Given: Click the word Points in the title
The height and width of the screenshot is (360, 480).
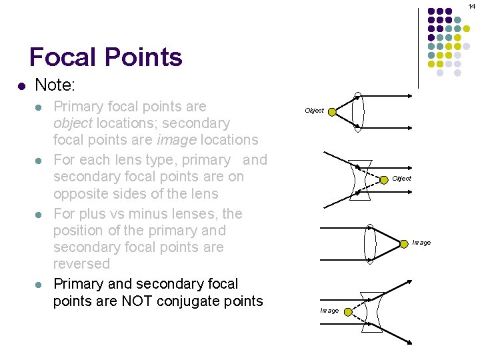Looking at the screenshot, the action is pos(143,57).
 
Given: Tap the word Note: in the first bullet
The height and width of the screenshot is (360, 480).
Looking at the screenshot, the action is pos(55,85).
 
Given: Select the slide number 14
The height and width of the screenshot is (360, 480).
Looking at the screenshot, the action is pos(472,6).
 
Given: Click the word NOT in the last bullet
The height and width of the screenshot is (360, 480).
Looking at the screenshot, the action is pos(137,301).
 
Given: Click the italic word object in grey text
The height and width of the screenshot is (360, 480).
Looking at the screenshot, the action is pos(73,123).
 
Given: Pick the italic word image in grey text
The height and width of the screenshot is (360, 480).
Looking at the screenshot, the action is pos(177,140).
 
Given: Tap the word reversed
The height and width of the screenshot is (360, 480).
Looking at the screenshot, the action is pos(81,264).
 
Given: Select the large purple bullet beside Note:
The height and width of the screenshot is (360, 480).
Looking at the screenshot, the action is pos(21,86).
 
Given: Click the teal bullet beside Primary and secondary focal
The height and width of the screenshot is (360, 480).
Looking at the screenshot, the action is pos(38,285).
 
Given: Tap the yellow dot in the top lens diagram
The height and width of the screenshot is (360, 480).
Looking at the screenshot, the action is pos(332,112).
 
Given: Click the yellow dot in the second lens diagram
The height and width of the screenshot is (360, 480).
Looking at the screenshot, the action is pos(384,180).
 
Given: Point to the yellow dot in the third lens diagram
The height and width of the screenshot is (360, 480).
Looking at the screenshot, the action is pos(404,244).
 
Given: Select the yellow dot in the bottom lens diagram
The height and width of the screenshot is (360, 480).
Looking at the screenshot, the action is pos(348,312).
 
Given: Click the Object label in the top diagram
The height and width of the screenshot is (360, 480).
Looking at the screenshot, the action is pos(314,111).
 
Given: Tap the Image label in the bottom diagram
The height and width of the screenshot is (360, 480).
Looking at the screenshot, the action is pos(329,311).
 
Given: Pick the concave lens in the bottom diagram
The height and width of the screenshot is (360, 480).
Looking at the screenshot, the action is pos(363,312).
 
